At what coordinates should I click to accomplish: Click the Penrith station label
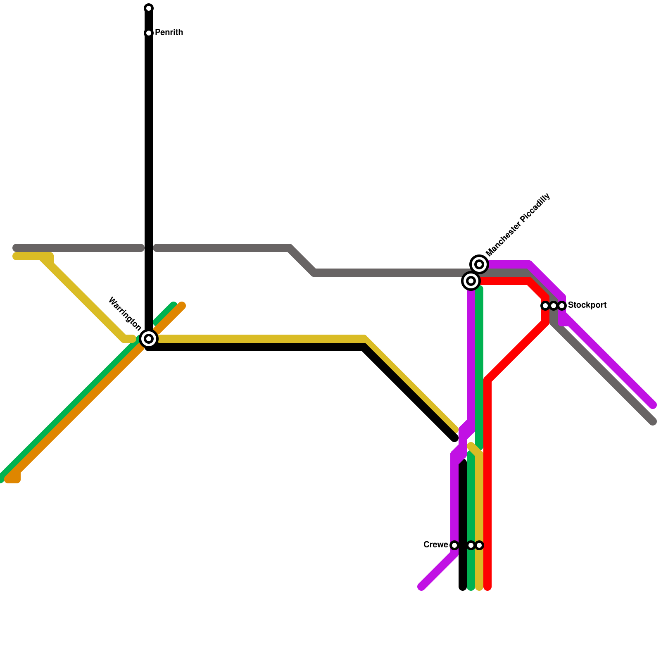[x=169, y=33]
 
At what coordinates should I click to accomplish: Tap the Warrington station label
[x=124, y=314]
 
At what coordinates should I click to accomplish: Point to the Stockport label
[x=587, y=305]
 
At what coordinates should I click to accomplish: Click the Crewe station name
[x=435, y=545]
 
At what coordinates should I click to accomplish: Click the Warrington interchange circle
[x=149, y=339]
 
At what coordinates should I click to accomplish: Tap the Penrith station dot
[x=149, y=33]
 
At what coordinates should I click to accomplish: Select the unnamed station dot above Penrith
[x=149, y=8]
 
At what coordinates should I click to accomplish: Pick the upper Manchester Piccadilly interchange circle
[x=479, y=264]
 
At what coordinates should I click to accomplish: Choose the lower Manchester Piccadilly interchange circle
[x=471, y=281]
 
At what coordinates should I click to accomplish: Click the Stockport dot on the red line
[x=545, y=306]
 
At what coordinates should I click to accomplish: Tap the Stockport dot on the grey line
[x=554, y=306]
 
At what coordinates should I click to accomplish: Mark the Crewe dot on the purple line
[x=454, y=545]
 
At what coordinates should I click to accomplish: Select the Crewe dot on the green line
[x=471, y=545]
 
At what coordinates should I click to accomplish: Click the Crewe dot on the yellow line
[x=479, y=545]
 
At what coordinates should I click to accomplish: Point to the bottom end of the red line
[x=487, y=587]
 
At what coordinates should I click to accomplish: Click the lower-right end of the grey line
[x=653, y=421]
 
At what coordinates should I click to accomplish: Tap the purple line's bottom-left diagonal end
[x=421, y=587]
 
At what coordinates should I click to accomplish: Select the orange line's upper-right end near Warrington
[x=182, y=306]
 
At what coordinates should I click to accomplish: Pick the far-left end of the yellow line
[x=17, y=257]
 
